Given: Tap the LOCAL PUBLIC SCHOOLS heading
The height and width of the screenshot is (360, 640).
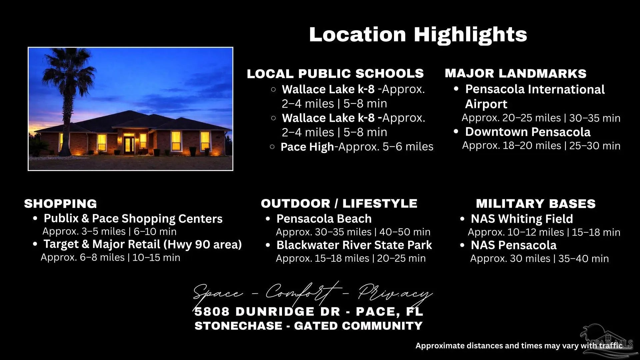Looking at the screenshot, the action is click(335, 74).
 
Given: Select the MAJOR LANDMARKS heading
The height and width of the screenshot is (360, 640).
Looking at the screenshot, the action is click(516, 74).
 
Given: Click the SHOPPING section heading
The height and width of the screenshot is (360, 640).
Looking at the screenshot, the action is click(60, 204).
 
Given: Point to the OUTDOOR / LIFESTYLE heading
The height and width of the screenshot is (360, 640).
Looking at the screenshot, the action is click(339, 203).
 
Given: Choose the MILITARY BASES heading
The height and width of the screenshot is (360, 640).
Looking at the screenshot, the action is click(536, 204).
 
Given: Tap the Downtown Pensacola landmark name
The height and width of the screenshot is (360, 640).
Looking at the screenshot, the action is click(528, 132).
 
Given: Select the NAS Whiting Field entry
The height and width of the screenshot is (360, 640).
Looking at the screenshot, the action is click(522, 219).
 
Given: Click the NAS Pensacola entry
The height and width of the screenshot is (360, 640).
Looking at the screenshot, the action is click(514, 245).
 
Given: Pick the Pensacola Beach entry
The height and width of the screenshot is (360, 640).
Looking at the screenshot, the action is click(324, 219).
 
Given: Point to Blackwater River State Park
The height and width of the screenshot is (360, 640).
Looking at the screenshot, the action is click(354, 245).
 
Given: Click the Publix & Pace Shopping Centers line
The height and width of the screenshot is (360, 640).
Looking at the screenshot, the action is click(133, 219).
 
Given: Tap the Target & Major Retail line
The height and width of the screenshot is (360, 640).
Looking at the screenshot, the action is click(143, 245).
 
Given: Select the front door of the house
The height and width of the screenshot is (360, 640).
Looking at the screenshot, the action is click(129, 144).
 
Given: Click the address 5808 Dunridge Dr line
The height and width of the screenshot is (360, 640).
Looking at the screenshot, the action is click(309, 312).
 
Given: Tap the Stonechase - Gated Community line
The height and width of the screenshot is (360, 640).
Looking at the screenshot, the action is click(309, 326).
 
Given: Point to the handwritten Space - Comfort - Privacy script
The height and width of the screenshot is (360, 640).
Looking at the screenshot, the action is click(313, 292).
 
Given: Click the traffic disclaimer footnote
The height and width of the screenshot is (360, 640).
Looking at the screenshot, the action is click(519, 346).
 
